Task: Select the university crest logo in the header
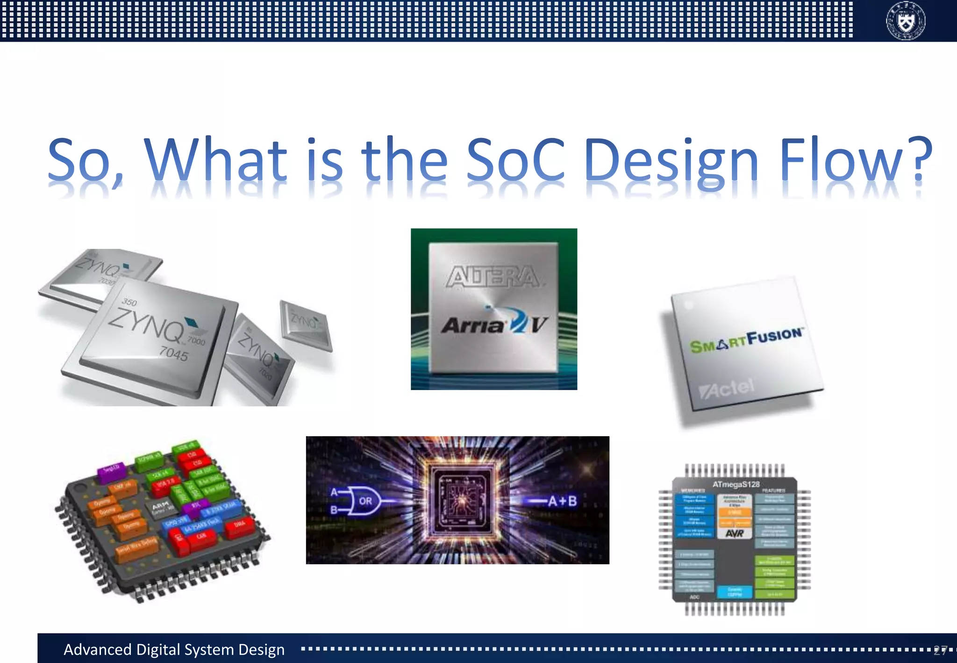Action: point(906,21)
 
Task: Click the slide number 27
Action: point(940,650)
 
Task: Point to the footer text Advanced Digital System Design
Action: point(174,649)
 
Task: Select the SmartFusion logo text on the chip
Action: point(746,340)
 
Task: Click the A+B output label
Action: point(562,501)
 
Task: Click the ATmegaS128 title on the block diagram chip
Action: point(736,484)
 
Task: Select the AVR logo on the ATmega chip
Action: point(735,533)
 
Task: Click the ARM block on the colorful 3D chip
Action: point(162,508)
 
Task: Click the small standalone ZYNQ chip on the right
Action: point(306,324)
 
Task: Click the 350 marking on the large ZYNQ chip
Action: point(129,302)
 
